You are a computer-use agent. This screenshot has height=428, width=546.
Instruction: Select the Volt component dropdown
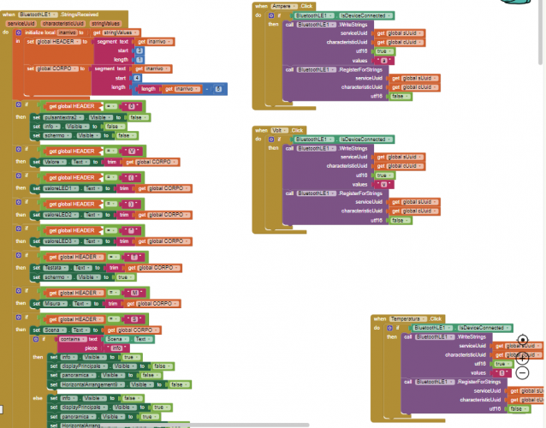tap(280, 130)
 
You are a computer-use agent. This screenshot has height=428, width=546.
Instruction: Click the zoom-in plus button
tap(523, 357)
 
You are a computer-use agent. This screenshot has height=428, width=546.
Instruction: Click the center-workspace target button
tap(523, 340)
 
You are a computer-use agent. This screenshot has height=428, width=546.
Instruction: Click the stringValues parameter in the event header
tap(106, 24)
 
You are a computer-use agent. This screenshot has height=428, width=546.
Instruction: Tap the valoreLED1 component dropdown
tap(58, 187)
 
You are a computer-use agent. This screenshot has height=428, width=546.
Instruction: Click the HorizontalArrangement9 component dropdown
tap(93, 384)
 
